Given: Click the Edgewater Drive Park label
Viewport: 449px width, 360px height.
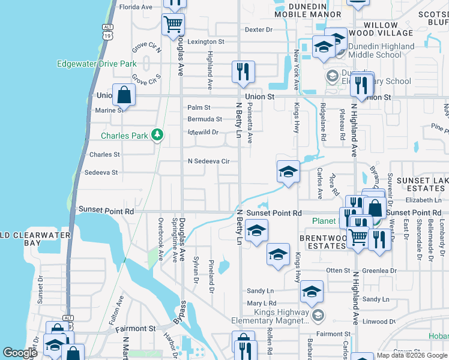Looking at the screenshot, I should pyautogui.click(x=97, y=64).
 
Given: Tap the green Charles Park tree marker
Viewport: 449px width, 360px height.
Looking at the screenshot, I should pyautogui.click(x=157, y=134).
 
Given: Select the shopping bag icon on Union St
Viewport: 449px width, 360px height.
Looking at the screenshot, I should pyautogui.click(x=123, y=95).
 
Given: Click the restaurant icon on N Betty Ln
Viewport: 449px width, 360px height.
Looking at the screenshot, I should pyautogui.click(x=243, y=72).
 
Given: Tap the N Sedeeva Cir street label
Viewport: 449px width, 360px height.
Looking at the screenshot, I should pyautogui.click(x=209, y=161).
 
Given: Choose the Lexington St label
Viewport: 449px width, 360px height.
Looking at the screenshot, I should pyautogui.click(x=205, y=42).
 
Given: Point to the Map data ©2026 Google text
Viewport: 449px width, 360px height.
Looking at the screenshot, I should pyautogui.click(x=412, y=355).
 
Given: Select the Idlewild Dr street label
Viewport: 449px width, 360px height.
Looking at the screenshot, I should pyautogui.click(x=202, y=133).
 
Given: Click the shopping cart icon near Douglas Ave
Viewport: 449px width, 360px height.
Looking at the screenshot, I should pyautogui.click(x=173, y=25).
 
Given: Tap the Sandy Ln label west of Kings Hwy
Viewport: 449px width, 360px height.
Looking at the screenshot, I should pyautogui.click(x=260, y=291).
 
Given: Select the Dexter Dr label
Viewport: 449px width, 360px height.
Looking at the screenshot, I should pyautogui.click(x=259, y=29).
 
